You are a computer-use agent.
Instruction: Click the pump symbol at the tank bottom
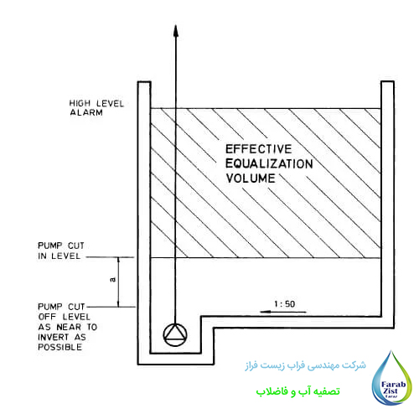tap(175, 335)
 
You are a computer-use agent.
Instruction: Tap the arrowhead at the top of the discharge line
tap(176, 31)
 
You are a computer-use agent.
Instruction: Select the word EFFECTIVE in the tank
tap(259, 149)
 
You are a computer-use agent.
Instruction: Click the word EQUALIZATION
tap(269, 163)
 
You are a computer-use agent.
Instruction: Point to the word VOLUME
tap(251, 178)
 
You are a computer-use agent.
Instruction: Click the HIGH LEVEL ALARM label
tap(96, 108)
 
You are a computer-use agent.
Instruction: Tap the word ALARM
tap(86, 112)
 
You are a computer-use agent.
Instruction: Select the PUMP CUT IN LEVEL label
tap(61, 251)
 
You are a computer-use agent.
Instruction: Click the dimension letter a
tap(113, 279)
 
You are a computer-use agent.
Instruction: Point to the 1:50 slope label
tap(284, 304)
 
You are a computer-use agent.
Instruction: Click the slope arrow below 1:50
tap(283, 312)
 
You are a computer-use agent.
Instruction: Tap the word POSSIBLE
tap(60, 347)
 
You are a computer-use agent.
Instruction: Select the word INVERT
tap(54, 337)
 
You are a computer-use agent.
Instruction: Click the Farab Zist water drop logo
tap(392, 378)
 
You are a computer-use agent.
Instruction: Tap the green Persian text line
tap(297, 391)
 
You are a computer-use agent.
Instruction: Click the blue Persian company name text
tap(306, 365)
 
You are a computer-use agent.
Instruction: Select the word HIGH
tap(80, 103)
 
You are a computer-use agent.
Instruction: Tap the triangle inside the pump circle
tap(175, 333)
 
